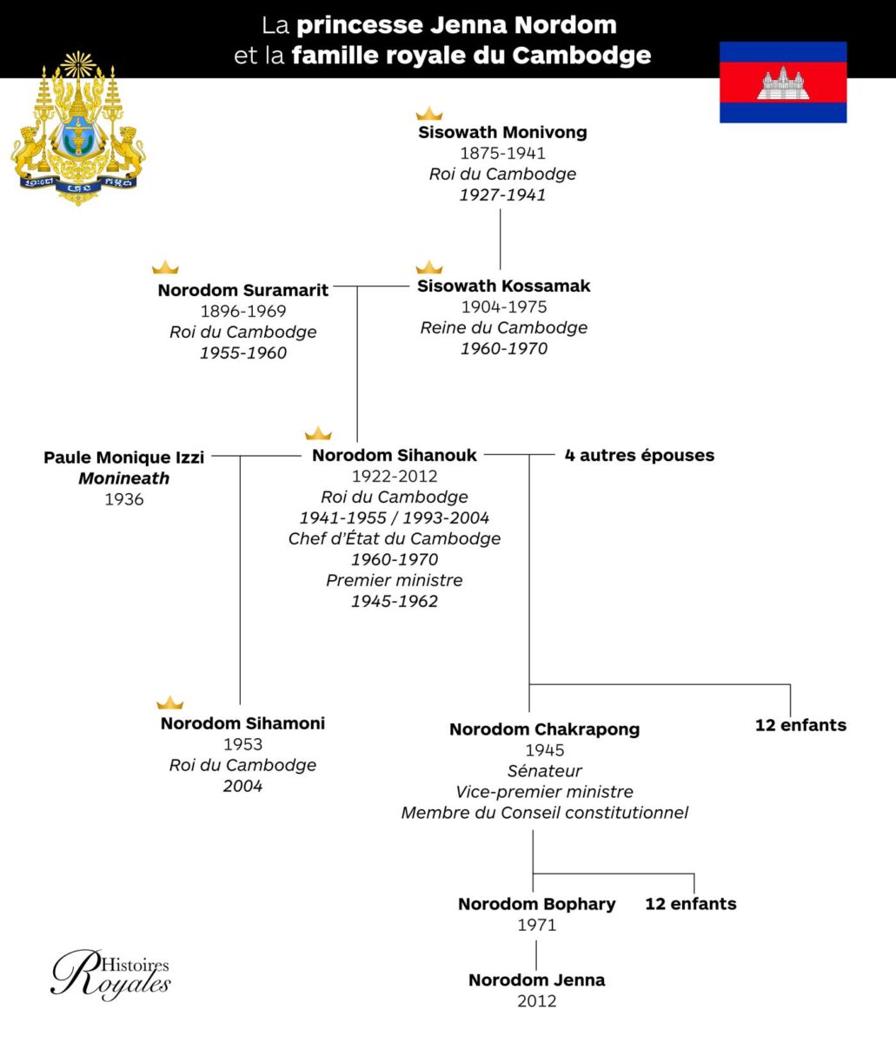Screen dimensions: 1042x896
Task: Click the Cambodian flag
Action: point(783,82)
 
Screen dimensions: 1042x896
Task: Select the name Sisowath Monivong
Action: point(502,133)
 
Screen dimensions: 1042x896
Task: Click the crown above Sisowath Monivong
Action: point(429,114)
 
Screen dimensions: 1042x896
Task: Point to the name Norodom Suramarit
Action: point(243,291)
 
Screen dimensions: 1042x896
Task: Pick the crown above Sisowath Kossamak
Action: point(429,267)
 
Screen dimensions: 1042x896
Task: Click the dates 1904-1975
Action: point(504,307)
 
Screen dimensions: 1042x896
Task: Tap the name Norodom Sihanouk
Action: point(395,456)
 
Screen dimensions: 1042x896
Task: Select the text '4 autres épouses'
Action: point(639,456)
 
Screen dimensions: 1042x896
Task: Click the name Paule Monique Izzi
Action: point(124,458)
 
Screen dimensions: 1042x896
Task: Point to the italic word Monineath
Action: point(124,478)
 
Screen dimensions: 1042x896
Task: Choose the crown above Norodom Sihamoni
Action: point(170,702)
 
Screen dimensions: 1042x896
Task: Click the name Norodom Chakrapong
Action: point(544,729)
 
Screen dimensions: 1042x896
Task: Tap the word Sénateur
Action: point(544,771)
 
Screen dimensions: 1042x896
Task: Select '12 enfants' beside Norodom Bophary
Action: point(690,904)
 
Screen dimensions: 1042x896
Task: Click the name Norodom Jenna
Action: point(537,980)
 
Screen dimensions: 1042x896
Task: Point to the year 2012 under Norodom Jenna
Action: point(537,1001)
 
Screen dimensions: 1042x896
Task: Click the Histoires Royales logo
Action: point(110,974)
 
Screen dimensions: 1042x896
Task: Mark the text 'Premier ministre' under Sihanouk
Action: point(395,580)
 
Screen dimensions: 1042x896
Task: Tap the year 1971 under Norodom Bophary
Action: point(537,925)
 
